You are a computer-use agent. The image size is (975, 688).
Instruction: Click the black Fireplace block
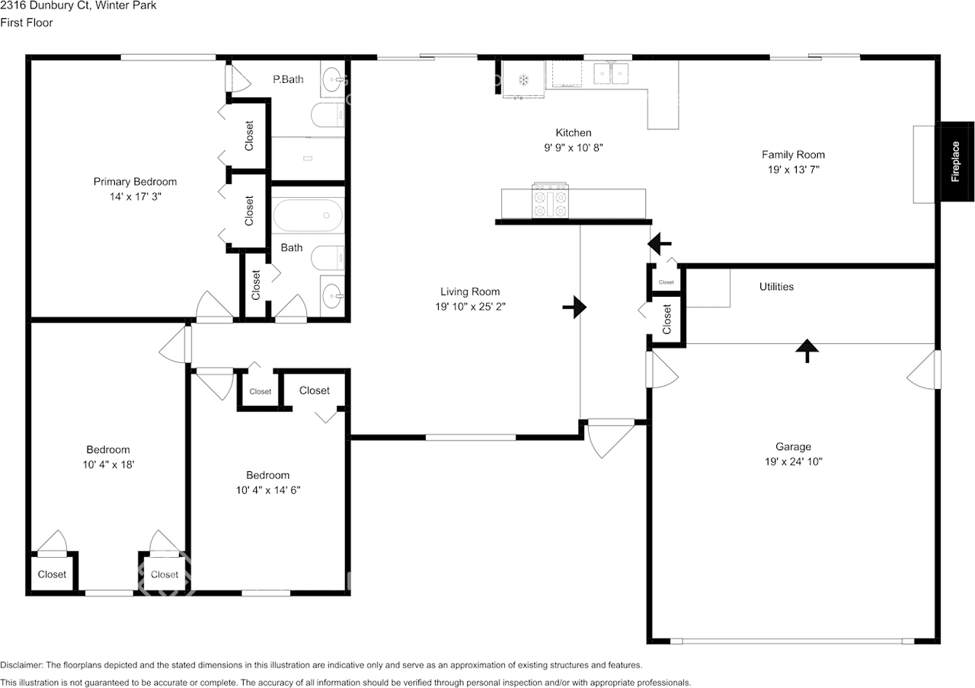tap(957, 161)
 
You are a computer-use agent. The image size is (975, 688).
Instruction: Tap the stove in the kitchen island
tap(550, 200)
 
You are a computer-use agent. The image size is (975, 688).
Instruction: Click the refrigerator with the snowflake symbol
tap(523, 79)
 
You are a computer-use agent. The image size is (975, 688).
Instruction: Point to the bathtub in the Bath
tap(308, 215)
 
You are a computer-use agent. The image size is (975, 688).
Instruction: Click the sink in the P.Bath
tap(333, 79)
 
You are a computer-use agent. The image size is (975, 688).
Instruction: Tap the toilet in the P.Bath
tap(328, 115)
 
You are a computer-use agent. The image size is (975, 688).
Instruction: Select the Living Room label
tap(470, 291)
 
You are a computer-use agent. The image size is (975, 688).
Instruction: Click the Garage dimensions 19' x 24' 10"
tap(794, 461)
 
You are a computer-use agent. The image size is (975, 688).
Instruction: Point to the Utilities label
tap(776, 287)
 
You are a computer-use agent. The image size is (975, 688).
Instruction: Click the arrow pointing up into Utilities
tap(807, 351)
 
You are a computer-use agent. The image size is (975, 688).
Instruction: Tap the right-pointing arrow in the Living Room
tap(574, 307)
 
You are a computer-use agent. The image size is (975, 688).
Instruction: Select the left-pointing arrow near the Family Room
tap(660, 244)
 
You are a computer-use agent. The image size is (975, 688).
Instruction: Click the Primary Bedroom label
tap(135, 181)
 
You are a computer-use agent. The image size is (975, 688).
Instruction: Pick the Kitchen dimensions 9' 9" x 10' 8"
tap(574, 148)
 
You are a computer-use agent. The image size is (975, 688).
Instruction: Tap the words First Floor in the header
tap(27, 23)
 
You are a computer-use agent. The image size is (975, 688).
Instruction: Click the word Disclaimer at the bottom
tap(21, 665)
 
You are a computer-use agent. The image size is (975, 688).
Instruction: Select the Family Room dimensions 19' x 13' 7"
tap(793, 170)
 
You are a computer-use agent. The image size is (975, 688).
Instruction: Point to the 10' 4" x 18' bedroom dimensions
tap(108, 464)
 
